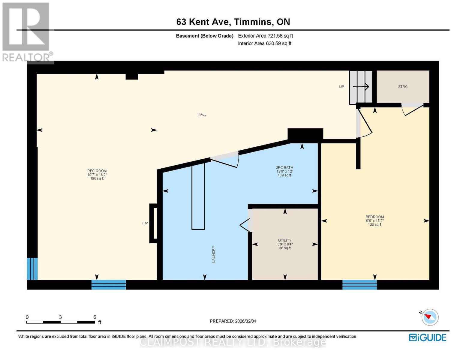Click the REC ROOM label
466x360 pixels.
coord(97,171)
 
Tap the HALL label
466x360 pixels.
coord(202,114)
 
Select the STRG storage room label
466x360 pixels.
coord(403,87)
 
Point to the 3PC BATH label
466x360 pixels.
coord(284,167)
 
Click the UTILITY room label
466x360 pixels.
coord(284,240)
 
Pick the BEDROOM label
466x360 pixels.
coord(375,217)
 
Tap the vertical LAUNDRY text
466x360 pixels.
coord(213,254)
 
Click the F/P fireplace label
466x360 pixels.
coord(145,223)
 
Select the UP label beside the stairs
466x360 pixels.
coord(341,87)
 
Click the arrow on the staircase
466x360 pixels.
coord(361,87)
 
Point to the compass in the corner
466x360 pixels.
coord(430,317)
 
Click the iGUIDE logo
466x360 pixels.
coord(428,337)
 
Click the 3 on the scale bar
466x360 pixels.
coord(60,317)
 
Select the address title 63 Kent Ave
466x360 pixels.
coord(203,22)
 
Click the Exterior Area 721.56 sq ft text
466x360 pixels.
coord(266,36)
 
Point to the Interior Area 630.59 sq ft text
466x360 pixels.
coord(265,43)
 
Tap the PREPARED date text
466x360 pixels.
coord(233,321)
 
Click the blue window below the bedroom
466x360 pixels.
coord(359,285)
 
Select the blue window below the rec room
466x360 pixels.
coord(109,285)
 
